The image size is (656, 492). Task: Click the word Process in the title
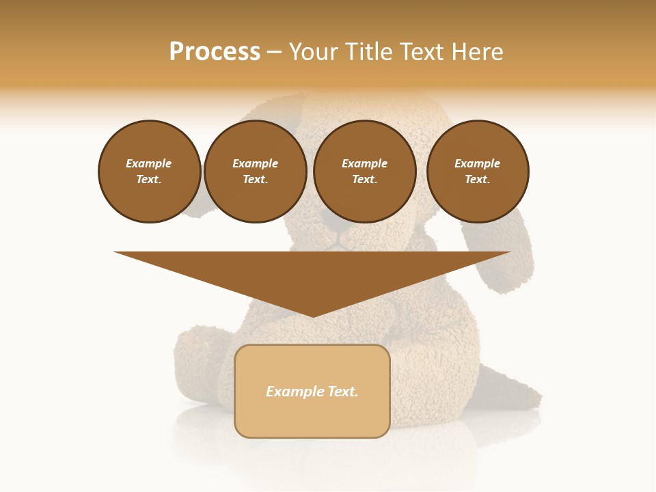click(x=215, y=52)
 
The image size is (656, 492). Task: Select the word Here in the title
click(x=478, y=52)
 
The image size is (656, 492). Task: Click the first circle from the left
click(x=150, y=172)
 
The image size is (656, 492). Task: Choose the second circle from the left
click(x=256, y=172)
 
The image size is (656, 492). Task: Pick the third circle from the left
click(x=365, y=172)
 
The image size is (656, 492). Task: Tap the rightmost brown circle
click(x=478, y=172)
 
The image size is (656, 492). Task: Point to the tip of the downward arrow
click(x=312, y=316)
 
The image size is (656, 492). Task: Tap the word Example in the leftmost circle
click(x=149, y=163)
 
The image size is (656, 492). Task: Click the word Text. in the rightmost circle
click(x=478, y=179)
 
